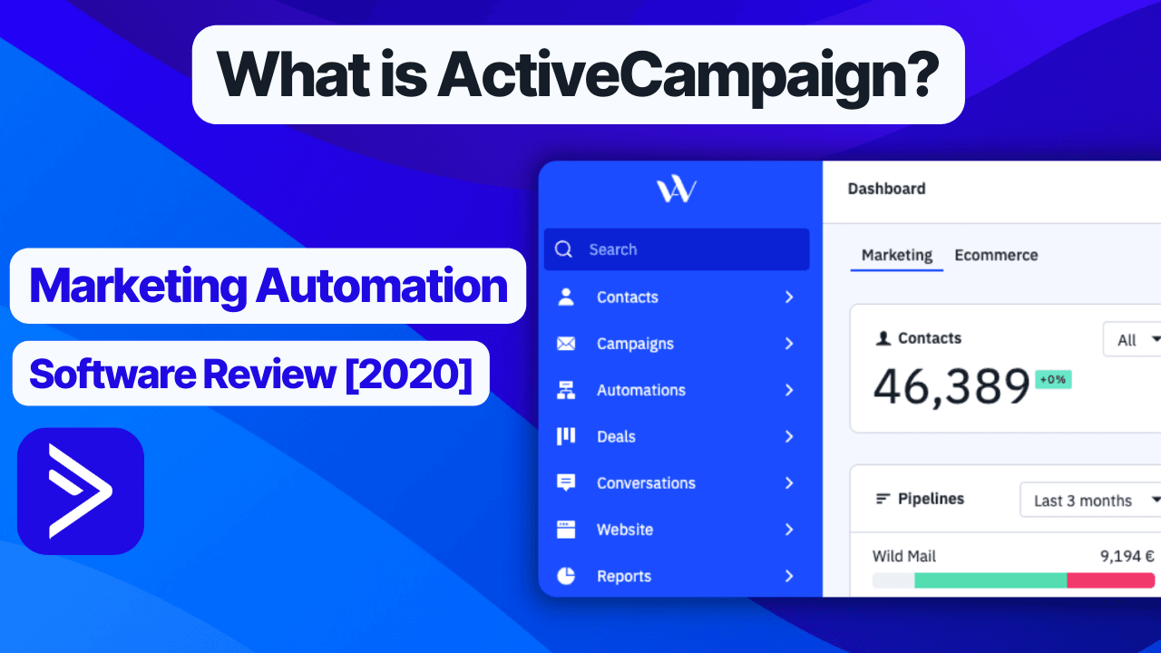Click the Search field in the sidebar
point(677,249)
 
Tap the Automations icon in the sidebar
point(565,390)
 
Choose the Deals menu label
point(616,437)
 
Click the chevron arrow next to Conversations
point(789,483)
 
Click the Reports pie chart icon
point(565,576)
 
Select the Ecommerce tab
point(996,255)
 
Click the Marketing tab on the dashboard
point(897,256)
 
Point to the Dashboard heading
point(886,189)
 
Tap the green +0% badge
point(1053,379)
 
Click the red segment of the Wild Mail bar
point(1111,580)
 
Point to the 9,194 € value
point(1127,556)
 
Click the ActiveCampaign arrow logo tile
point(81,491)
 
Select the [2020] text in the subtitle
point(409,375)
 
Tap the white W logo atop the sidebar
point(677,190)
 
